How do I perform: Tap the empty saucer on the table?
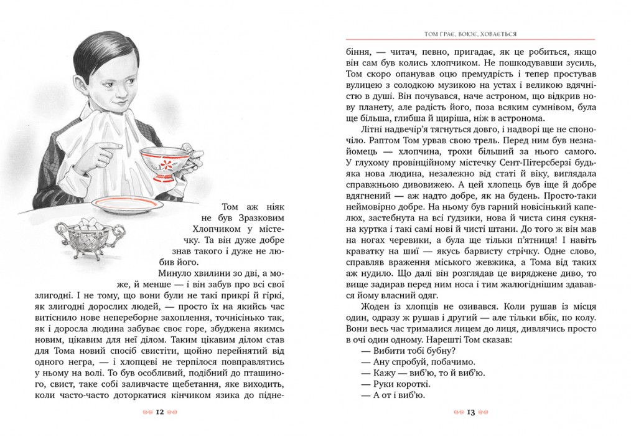pyautogui.click(x=128, y=204)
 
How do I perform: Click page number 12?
pyautogui.click(x=160, y=412)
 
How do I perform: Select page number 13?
pyautogui.click(x=470, y=412)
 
